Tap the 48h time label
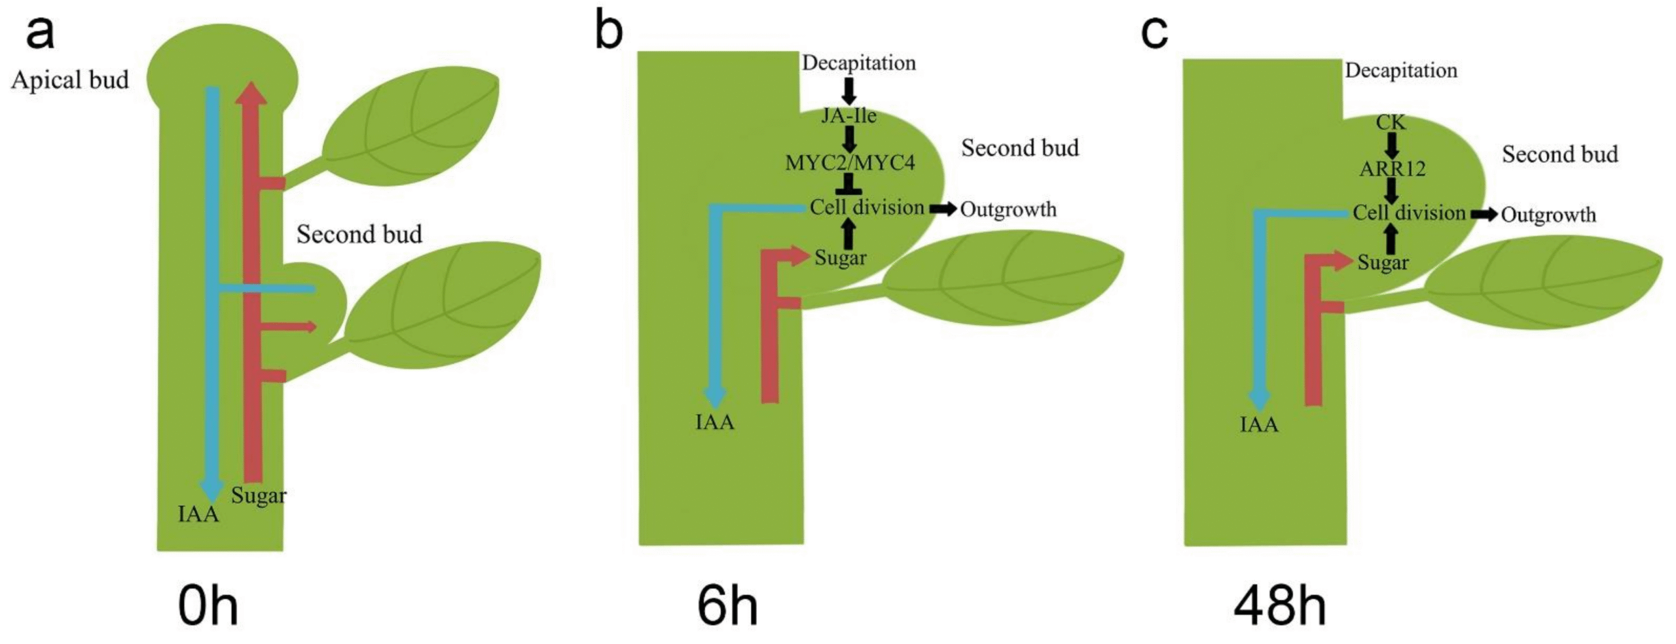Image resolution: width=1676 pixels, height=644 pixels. point(1280,607)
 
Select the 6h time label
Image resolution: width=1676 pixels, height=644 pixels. point(727,607)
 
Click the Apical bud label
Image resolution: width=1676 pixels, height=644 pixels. point(70,80)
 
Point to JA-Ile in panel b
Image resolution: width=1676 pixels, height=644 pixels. point(848,116)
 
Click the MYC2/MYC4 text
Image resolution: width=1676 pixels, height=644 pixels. point(850,162)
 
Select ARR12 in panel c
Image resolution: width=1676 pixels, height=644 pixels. point(1392,170)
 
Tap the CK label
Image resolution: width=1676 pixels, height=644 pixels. point(1391,122)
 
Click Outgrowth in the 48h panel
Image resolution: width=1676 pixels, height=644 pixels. point(1548,215)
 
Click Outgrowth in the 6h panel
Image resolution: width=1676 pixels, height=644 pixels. point(1008,209)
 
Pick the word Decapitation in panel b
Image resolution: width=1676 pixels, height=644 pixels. point(858,63)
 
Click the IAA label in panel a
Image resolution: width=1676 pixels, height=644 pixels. point(198,514)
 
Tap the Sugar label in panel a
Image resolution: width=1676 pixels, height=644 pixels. point(259,495)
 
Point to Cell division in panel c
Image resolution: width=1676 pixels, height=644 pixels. point(1409,213)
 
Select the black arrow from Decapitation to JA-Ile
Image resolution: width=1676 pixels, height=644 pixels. point(848,91)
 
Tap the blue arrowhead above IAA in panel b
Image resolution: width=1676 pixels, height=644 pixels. point(714,397)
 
